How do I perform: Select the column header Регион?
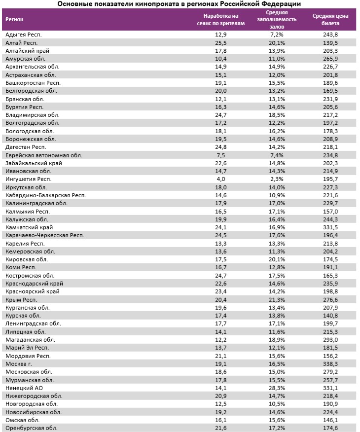click(x=15, y=19)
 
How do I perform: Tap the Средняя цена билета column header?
click(x=330, y=19)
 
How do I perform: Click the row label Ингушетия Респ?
click(x=28, y=179)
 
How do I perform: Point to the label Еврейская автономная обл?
click(x=43, y=155)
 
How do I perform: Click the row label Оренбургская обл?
click(x=31, y=428)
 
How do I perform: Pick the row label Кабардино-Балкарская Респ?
click(x=45, y=195)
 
